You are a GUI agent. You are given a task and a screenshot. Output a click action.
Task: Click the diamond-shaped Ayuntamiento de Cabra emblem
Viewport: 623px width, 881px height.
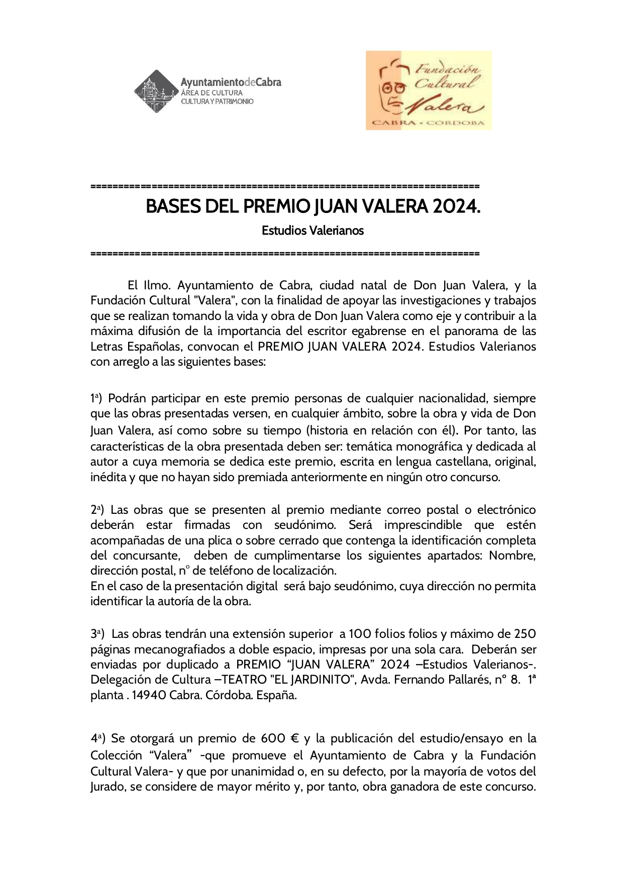coord(156,91)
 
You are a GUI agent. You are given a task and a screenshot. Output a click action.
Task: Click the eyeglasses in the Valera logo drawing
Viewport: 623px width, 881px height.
coord(394,87)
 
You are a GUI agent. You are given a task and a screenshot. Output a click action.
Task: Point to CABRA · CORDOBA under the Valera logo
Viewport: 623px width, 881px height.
coord(428,123)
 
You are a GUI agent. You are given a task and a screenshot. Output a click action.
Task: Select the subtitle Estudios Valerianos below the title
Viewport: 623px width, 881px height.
coord(313,231)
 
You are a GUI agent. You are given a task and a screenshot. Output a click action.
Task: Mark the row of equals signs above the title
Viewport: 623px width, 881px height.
coord(285,186)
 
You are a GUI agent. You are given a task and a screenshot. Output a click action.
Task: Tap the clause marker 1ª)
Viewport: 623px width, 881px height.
coord(96,399)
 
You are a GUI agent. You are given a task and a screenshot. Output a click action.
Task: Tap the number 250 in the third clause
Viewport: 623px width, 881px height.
coord(526,633)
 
